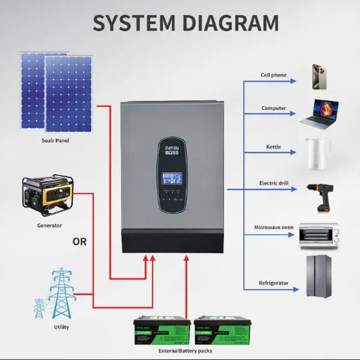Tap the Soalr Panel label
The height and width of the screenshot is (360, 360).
point(56,141)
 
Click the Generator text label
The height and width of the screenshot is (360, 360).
point(50,225)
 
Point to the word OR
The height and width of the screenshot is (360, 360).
point(80,242)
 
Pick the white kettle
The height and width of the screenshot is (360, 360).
point(318,153)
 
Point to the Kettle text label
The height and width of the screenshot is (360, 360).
point(273,147)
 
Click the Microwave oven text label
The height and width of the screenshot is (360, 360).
point(274,228)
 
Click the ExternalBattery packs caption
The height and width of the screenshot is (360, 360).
point(185,351)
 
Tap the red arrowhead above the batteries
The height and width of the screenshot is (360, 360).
point(186,258)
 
